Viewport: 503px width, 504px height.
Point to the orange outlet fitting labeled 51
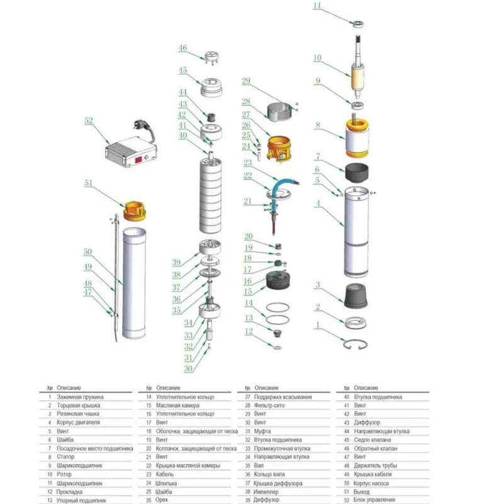[133, 209]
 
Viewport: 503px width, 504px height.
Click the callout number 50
[88, 252]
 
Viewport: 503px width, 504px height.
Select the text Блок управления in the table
[377, 500]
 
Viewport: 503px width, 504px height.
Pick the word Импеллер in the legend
[265, 491]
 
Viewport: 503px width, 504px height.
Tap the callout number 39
[177, 263]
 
